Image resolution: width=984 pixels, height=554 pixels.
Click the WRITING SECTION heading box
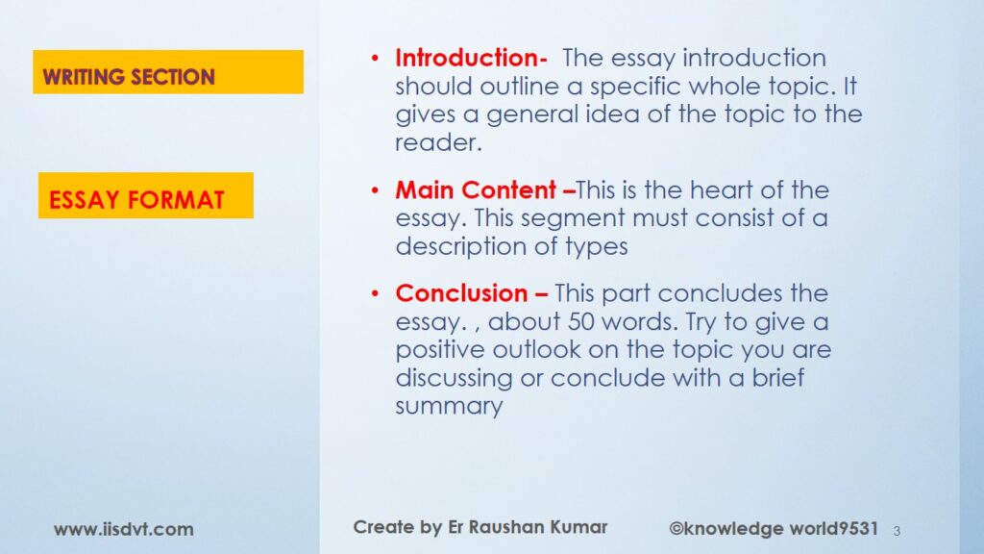pyautogui.click(x=168, y=71)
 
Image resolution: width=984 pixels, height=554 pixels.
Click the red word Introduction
pyautogui.click(x=467, y=58)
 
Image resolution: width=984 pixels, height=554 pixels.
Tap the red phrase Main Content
pyautogui.click(x=476, y=189)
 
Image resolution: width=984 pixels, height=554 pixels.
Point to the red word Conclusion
pyautogui.click(x=461, y=293)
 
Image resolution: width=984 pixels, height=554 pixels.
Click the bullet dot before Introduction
pyautogui.click(x=375, y=59)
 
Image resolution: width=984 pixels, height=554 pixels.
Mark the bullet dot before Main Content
pyautogui.click(x=375, y=190)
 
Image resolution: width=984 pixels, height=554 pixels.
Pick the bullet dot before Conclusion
pyautogui.click(x=375, y=293)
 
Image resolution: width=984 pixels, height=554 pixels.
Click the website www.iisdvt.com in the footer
pyautogui.click(x=124, y=530)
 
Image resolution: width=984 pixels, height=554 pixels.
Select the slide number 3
pyautogui.click(x=897, y=531)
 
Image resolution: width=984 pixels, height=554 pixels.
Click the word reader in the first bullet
pyautogui.click(x=438, y=143)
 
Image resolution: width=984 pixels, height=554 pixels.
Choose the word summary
pyautogui.click(x=449, y=407)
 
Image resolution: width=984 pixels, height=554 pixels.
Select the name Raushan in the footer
pyautogui.click(x=507, y=527)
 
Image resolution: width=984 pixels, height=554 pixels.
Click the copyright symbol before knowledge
pyautogui.click(x=676, y=529)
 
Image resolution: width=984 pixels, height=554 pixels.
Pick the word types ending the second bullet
pyautogui.click(x=596, y=247)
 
